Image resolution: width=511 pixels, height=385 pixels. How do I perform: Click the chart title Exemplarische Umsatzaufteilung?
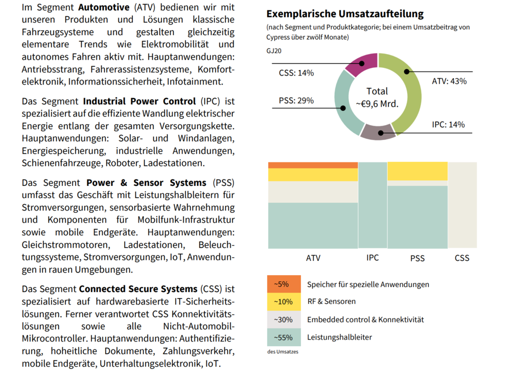(x=345, y=14)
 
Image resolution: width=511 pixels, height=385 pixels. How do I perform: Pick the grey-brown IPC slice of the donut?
(x=378, y=132)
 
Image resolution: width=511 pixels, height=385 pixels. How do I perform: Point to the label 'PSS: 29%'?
(x=296, y=101)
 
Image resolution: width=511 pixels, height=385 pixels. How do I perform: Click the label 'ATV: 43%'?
(x=449, y=81)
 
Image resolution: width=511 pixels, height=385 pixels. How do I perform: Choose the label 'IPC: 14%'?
(x=448, y=125)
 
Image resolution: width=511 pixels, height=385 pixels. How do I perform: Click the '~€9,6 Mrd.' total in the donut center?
(x=378, y=104)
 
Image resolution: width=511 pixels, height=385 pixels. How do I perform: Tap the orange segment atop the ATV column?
(x=313, y=165)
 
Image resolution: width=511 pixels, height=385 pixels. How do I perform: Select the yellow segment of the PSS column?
(x=417, y=171)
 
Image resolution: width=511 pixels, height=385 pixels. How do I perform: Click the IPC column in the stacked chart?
(x=373, y=205)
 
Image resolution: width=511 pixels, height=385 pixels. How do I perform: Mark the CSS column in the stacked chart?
(x=462, y=205)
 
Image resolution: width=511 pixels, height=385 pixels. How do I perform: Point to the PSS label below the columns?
(x=417, y=258)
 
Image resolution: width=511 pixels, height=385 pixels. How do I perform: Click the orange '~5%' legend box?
(x=284, y=284)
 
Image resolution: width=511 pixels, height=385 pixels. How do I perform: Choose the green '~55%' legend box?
(x=284, y=337)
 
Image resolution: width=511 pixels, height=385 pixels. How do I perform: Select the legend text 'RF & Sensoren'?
(x=332, y=301)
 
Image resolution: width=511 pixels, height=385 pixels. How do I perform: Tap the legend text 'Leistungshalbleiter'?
(x=340, y=337)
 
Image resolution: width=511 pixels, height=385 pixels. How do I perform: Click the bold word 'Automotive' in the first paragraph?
(x=104, y=7)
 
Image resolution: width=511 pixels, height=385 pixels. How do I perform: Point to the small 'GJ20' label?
(x=274, y=51)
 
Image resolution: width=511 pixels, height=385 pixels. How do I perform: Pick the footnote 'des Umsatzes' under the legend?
(x=283, y=352)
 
